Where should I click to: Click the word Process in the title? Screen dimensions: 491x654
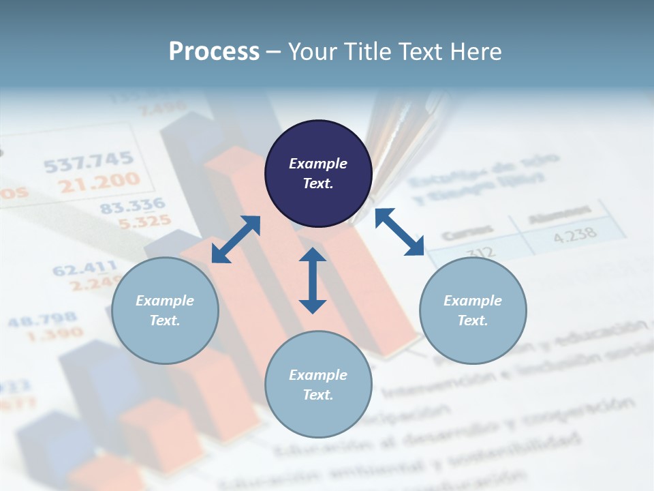214,52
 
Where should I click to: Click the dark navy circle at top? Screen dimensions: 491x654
318,173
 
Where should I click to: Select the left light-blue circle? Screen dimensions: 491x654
165,310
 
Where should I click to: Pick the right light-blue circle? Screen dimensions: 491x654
473,310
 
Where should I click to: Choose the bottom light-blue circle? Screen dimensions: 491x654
318,385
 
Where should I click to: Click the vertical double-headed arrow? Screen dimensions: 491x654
313,280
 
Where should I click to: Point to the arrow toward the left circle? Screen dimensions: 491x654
236,239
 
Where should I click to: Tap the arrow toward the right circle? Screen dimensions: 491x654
400,232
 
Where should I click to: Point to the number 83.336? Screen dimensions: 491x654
133,205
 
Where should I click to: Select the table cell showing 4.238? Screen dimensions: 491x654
574,234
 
